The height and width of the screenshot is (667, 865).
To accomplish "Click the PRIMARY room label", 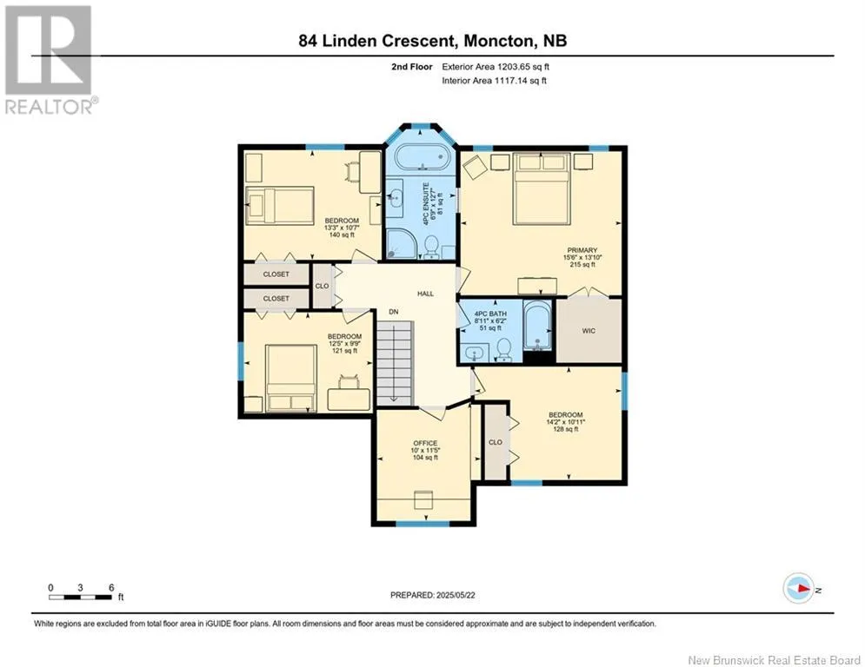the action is (x=582, y=250).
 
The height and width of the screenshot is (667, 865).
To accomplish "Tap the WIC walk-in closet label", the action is (x=589, y=331).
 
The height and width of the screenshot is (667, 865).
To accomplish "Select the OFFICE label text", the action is (x=425, y=443).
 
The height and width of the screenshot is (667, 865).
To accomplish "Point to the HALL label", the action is (x=425, y=294).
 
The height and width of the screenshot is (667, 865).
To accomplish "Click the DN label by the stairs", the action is (x=393, y=312).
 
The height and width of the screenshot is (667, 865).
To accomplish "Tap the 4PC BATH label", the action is (x=490, y=314).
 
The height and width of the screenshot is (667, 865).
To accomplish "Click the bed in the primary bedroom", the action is (x=542, y=189).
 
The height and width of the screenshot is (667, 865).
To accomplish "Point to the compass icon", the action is (x=798, y=589).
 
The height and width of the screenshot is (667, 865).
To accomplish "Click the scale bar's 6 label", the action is (x=111, y=588).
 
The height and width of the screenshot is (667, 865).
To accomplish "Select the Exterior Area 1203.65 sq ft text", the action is (x=496, y=67).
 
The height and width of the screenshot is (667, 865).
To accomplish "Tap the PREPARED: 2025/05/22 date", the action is (x=433, y=595).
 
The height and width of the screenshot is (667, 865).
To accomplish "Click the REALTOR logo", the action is (x=50, y=60).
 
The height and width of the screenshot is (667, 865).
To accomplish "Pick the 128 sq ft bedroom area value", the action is (x=566, y=429).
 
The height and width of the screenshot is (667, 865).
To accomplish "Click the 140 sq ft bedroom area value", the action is (x=342, y=234).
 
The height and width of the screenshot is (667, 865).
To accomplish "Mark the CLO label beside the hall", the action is (x=322, y=286).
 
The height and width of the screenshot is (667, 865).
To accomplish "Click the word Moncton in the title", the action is (x=499, y=41).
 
